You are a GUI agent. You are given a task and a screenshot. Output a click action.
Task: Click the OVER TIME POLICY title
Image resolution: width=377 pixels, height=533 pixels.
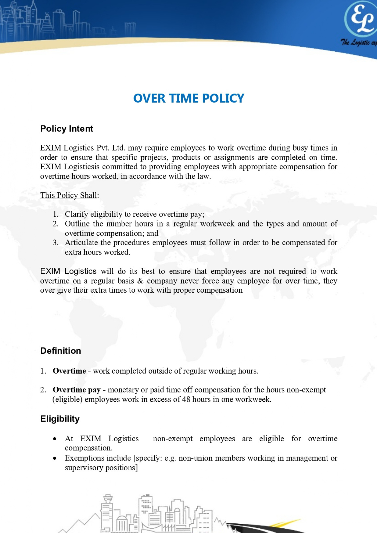pyautogui.click(x=188, y=98)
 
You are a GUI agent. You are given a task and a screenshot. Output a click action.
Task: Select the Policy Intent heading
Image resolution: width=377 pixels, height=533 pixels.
pyautogui.click(x=66, y=129)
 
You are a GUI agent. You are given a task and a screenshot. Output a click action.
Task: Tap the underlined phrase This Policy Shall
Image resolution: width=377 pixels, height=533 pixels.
pyautogui.click(x=69, y=195)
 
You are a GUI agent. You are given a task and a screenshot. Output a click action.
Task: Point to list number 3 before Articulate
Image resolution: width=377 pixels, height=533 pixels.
pyautogui.click(x=55, y=243)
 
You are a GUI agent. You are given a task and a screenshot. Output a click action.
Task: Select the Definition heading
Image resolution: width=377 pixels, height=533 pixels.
pyautogui.click(x=61, y=351)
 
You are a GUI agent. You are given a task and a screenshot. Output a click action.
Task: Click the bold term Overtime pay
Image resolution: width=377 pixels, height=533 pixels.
pyautogui.click(x=77, y=390)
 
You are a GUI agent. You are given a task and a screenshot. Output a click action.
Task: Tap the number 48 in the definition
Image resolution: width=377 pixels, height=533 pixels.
pyautogui.click(x=186, y=399)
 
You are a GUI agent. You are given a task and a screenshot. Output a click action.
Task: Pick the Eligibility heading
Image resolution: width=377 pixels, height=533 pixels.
pyautogui.click(x=60, y=419)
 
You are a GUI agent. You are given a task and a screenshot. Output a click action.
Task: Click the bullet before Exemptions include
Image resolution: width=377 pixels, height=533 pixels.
pyautogui.click(x=55, y=458)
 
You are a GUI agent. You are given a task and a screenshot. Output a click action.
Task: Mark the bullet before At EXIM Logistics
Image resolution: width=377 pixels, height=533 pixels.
pyautogui.click(x=55, y=439)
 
